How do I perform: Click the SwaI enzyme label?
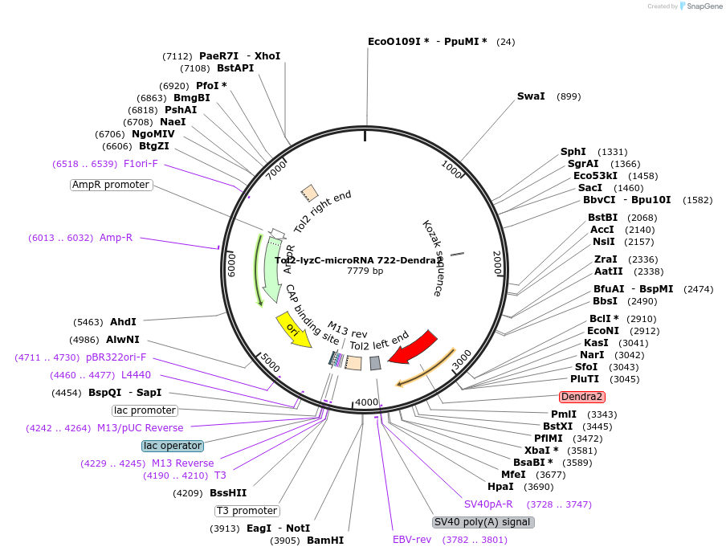pos(531,96)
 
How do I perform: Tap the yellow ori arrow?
pos(294,329)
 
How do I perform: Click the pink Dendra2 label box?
pos(582,397)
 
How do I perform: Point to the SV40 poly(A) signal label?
pos(483,522)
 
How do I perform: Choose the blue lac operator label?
pos(173,446)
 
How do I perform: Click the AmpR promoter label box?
pos(111,185)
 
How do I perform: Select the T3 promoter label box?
pos(247,511)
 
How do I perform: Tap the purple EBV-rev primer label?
pos(411,540)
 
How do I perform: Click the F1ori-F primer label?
pos(141,164)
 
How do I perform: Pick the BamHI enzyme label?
pos(325,541)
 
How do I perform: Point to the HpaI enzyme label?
pos(500,487)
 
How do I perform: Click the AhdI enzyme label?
pos(123,321)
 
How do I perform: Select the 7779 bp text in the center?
pos(365,271)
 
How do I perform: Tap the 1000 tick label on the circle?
pos(452,169)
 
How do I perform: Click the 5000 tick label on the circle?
pos(271,363)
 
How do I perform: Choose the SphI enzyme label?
pos(573,152)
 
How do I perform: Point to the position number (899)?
pos(569,96)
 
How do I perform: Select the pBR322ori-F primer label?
pos(116,358)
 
